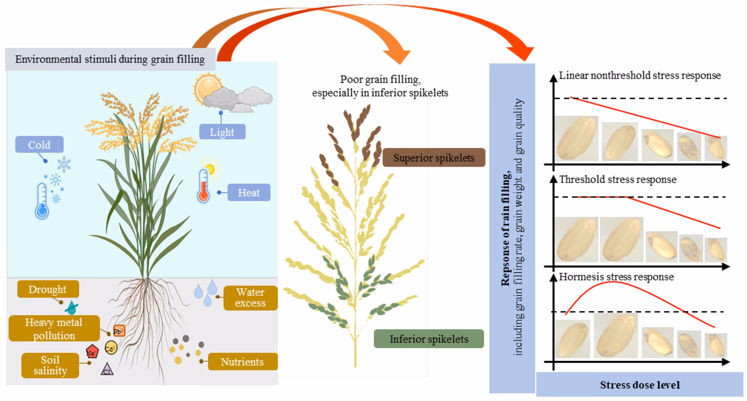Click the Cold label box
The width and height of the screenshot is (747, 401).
pos(39,145)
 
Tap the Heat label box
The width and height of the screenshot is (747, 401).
pos(249,192)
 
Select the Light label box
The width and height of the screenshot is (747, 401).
pos(222,132)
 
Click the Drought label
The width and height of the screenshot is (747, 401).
pos(48,289)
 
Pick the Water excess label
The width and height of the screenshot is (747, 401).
pos(250,298)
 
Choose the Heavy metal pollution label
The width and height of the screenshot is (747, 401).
pos(54,329)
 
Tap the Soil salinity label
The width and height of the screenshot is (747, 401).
pos(50,365)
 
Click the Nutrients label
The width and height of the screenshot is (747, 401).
pos(242,362)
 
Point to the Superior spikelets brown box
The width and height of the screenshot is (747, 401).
pos(433,158)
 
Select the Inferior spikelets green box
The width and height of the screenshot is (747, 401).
pos(429,339)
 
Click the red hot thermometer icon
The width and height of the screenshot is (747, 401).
pos(203,186)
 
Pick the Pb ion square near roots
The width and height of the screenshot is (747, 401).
pos(119,331)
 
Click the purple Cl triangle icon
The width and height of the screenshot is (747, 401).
pos(107,370)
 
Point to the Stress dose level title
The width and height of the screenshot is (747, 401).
pos(640,385)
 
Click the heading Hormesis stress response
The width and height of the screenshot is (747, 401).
pos(616,277)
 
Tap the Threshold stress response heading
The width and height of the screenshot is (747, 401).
pos(617,179)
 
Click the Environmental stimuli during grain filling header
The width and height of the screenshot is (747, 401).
pos(110,60)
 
